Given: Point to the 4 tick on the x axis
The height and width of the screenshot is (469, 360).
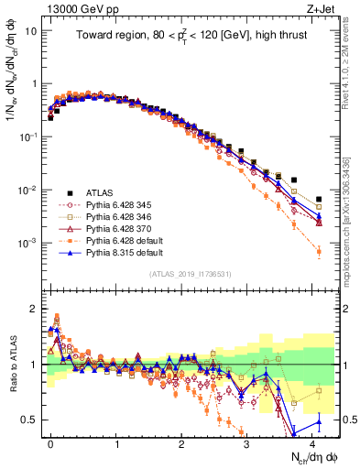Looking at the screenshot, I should (x=312, y=443).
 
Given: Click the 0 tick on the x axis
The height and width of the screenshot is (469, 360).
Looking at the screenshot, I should (x=50, y=443).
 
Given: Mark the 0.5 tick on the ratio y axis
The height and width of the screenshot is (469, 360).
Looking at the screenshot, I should (x=32, y=420).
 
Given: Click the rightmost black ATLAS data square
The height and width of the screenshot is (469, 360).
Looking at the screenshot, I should (x=319, y=199).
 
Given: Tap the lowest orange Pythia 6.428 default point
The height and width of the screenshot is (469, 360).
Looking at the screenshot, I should (x=319, y=251).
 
